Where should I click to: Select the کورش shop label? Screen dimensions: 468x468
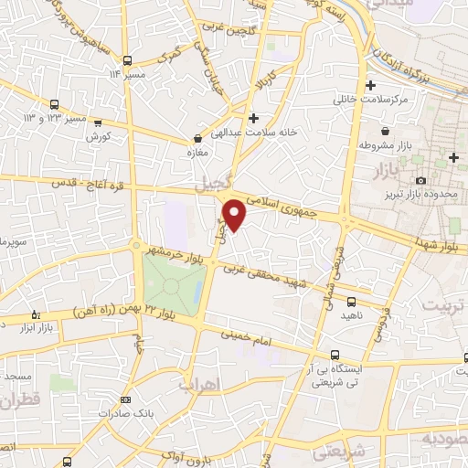pos(98,136)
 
